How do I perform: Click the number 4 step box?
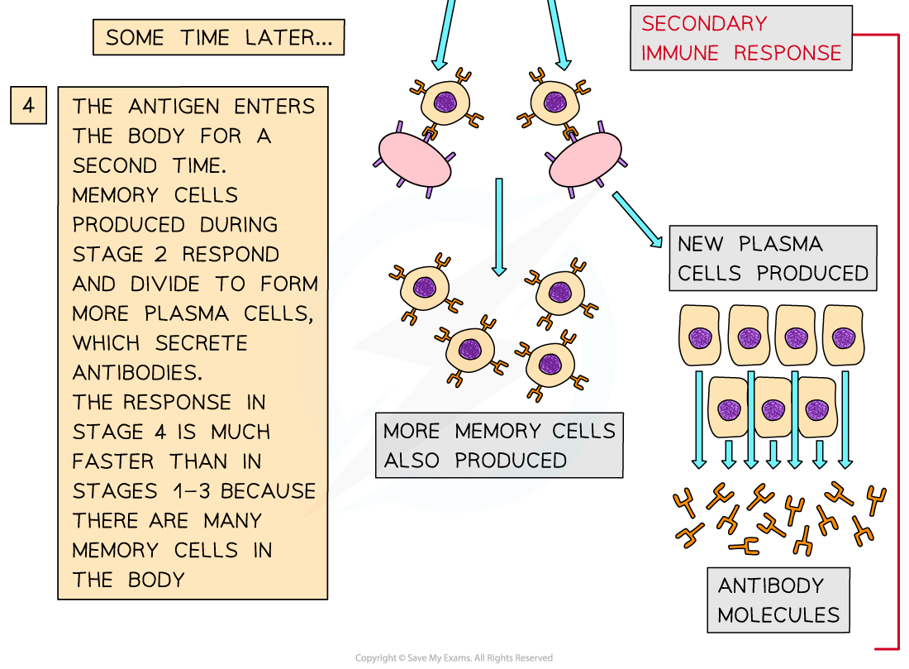[x=28, y=106]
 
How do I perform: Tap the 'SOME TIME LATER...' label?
[x=218, y=37]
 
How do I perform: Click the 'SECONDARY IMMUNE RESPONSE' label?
[x=740, y=38]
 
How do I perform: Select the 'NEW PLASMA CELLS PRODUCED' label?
[x=772, y=258]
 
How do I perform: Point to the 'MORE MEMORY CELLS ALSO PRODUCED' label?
[x=499, y=446]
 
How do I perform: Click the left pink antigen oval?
[x=414, y=160]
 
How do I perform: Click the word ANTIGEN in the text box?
[x=175, y=107]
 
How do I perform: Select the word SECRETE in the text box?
[x=202, y=343]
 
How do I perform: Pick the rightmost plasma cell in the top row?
[x=843, y=337]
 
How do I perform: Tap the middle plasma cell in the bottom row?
[x=773, y=409]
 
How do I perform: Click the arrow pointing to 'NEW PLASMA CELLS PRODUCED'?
[x=637, y=219]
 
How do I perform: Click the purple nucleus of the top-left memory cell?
[x=445, y=103]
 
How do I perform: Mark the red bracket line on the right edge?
[x=897, y=339]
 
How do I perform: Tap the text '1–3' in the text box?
[x=187, y=491]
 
